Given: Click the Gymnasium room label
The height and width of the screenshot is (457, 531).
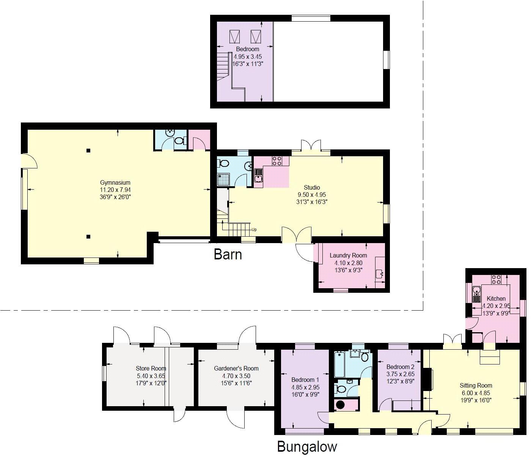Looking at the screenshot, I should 115,182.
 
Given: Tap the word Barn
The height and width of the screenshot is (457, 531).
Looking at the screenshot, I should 228,254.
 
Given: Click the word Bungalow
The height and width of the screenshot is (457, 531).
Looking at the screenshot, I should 307,447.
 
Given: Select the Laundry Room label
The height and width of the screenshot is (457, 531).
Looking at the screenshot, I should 348,256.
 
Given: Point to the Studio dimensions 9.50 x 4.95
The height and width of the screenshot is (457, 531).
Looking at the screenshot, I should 312,195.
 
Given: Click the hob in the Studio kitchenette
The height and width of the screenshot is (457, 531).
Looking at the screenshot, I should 276,161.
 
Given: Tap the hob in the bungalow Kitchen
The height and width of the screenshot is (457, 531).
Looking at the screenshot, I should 496,280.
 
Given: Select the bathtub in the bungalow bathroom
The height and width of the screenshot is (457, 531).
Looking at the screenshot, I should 339,364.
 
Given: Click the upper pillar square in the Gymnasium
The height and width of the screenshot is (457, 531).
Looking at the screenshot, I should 88,151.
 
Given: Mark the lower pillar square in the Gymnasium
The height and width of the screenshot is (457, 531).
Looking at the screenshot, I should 88,237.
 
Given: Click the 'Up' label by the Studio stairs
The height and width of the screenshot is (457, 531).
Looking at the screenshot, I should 254,230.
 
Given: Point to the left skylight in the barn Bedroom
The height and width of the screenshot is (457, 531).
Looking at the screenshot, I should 235,37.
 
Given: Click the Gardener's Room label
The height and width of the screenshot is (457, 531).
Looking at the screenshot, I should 236,368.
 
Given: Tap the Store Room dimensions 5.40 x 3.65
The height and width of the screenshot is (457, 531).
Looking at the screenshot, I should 151,376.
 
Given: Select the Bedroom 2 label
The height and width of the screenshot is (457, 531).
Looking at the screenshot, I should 400,367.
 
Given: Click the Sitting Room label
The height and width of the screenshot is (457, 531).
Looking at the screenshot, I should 476,385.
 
